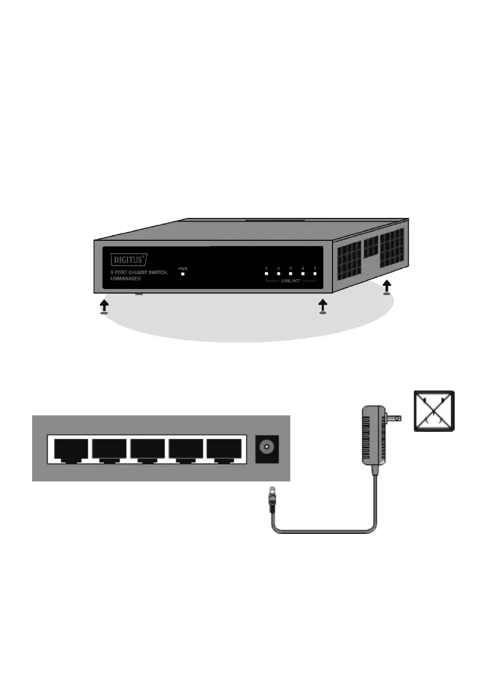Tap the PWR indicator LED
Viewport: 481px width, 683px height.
pos(183,274)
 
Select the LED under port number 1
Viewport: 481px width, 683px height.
pos(267,274)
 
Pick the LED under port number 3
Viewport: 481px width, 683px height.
pos(291,274)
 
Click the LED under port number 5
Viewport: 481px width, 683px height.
pos(315,274)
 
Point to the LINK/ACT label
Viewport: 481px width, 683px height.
pos(291,281)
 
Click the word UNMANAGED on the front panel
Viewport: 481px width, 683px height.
pos(126,278)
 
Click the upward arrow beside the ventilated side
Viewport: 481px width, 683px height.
pos(387,286)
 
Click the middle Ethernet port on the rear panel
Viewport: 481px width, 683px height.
pos(148,449)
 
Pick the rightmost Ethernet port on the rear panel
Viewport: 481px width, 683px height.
pos(225,449)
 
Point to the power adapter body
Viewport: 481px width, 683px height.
pos(372,436)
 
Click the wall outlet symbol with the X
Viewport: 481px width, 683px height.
pos(435,411)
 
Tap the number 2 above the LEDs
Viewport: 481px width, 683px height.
pos(279,268)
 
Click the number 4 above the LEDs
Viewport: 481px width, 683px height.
pos(303,268)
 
